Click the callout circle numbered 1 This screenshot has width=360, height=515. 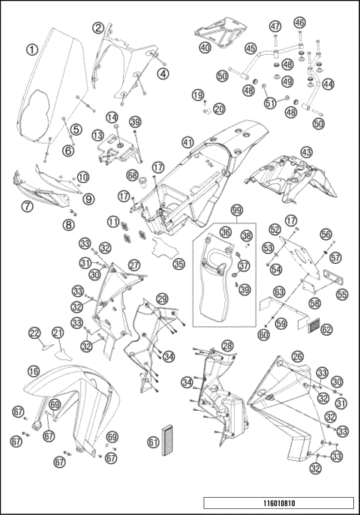(x=32, y=50)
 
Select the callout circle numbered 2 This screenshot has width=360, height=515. (x=98, y=28)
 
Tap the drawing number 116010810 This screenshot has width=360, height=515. (x=279, y=503)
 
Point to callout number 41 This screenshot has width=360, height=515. (x=187, y=142)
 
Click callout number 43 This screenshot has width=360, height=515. (x=307, y=152)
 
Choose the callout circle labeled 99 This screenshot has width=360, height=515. (x=236, y=211)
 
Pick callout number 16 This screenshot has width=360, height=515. (x=34, y=372)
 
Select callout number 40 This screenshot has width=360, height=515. (x=205, y=48)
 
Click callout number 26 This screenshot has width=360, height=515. (x=298, y=357)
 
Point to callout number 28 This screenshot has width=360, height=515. (x=227, y=346)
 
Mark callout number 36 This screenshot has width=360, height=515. (x=226, y=232)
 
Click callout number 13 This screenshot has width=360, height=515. (x=98, y=135)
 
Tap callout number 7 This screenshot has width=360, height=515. (x=27, y=206)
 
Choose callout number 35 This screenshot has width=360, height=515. (x=178, y=264)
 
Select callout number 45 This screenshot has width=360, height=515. (x=250, y=49)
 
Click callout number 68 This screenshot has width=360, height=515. (x=133, y=175)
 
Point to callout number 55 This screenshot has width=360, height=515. (x=342, y=295)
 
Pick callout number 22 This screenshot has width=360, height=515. (x=34, y=334)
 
